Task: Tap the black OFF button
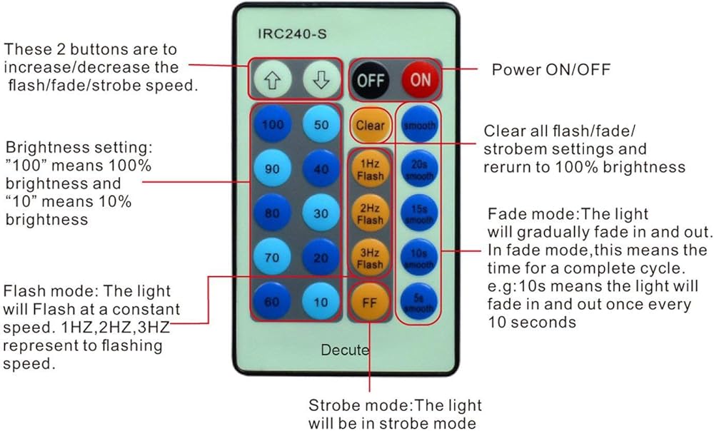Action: (371, 79)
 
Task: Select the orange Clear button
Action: (370, 125)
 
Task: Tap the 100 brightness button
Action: (272, 125)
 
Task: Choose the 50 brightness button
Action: (321, 125)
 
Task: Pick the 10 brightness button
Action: (321, 302)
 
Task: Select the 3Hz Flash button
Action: (370, 259)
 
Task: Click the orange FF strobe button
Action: (369, 302)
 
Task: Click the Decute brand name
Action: (345, 350)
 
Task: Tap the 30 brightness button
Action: (321, 213)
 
